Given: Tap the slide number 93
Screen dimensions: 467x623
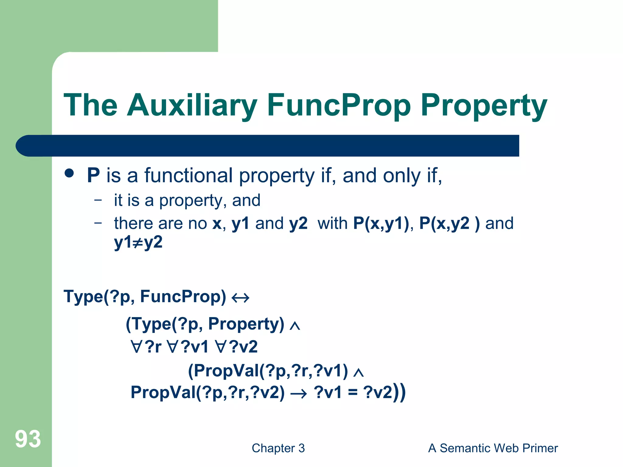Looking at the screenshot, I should coord(28,439).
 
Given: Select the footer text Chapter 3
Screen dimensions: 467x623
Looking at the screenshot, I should coord(278,448).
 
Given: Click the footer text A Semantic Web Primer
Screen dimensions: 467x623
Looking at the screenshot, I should coord(493,448).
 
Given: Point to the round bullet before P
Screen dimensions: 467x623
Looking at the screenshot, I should coord(69,173).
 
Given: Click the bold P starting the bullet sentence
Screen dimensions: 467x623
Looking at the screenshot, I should coord(93,175).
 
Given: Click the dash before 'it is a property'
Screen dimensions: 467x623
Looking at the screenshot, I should coord(98,200).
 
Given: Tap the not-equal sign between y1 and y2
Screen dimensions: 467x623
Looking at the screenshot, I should coord(138,243).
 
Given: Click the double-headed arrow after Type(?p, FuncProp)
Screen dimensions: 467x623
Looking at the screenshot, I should coord(240,298).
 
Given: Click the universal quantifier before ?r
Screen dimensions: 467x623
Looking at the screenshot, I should coord(137,347).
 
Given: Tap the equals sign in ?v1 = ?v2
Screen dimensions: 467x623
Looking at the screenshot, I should coord(353,393).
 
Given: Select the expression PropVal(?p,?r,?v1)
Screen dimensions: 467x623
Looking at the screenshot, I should coord(268,371).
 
